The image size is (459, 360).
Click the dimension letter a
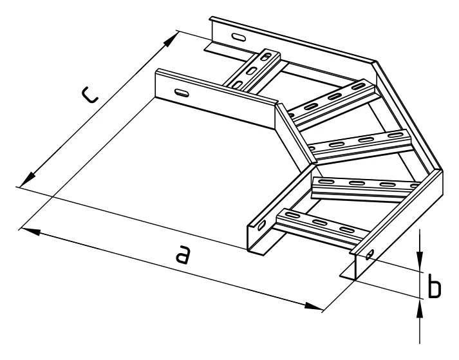(x=183, y=254)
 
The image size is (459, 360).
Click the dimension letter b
(x=435, y=285)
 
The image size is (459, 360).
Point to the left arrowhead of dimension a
(x=29, y=231)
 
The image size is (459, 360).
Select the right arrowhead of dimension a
(x=314, y=307)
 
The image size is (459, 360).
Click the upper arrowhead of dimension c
(x=171, y=40)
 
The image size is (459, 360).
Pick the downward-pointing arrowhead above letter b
(x=420, y=260)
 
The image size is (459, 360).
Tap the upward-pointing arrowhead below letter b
(x=420, y=310)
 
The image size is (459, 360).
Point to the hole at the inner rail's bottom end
(x=262, y=225)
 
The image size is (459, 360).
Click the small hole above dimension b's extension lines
(x=370, y=254)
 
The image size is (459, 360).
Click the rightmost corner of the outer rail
(x=443, y=171)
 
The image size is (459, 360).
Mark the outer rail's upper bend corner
(x=376, y=61)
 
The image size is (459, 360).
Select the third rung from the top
(x=361, y=146)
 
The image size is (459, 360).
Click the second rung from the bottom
(x=366, y=189)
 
